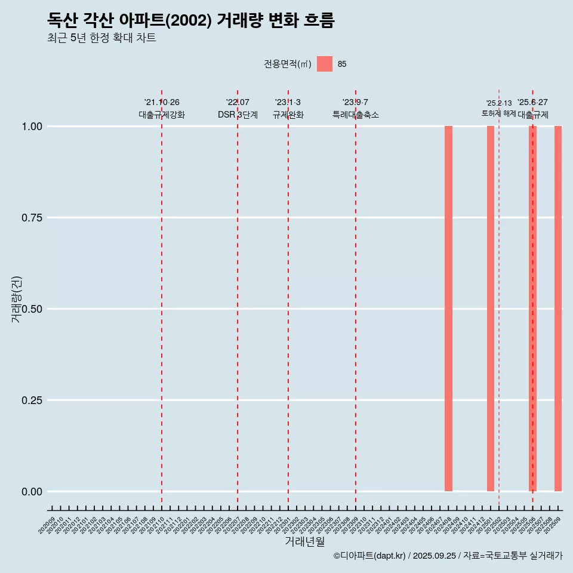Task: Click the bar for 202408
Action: click(x=448, y=309)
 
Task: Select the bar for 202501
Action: click(x=491, y=309)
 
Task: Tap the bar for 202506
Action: click(x=532, y=309)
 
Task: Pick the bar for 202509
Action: click(x=558, y=309)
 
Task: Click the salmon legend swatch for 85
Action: click(x=324, y=64)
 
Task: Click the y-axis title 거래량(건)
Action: click(x=16, y=299)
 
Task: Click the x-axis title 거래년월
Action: click(x=304, y=542)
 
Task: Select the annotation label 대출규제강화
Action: click(x=162, y=115)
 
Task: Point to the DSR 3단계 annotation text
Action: click(x=238, y=115)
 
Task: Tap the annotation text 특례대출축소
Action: click(x=356, y=115)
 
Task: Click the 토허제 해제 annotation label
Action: click(x=499, y=113)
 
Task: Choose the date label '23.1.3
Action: click(x=288, y=103)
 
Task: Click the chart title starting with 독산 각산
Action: click(x=191, y=20)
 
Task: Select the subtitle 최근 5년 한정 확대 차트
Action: click(x=101, y=38)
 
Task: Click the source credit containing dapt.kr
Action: click(x=448, y=556)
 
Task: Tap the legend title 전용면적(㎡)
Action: click(x=287, y=64)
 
